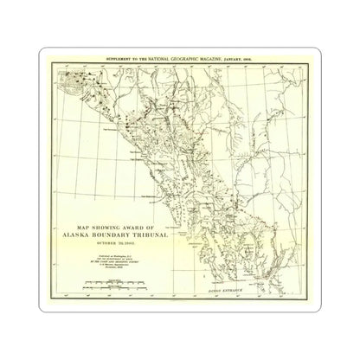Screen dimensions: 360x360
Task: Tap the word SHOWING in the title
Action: (97, 228)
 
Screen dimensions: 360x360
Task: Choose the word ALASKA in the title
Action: (73, 235)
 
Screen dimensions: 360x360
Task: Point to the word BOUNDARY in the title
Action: (102, 235)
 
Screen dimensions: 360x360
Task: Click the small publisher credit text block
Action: (102, 261)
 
